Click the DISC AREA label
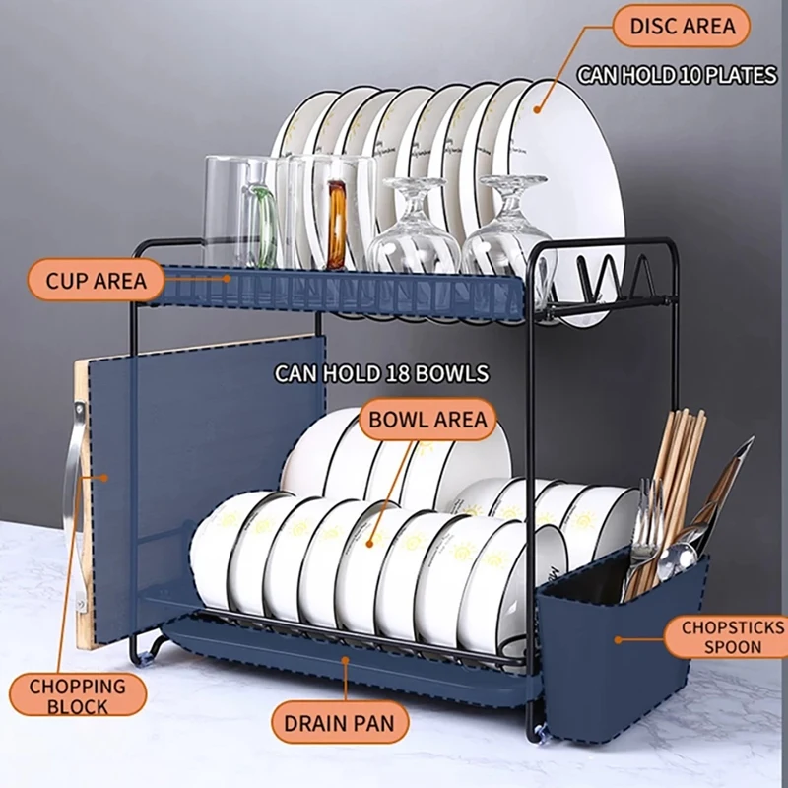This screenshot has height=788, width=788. pos(681,26)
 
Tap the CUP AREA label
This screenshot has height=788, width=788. pos(95,281)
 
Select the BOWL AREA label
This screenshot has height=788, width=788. pos(427,420)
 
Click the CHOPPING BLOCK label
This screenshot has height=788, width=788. pos(77,695)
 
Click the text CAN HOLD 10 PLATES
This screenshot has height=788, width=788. pos(677,76)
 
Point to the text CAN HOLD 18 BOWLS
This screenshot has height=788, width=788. pos(381,373)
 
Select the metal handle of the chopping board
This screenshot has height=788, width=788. pos(69,463)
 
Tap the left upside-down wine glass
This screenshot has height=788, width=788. pos(414,231)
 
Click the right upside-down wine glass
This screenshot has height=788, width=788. pos(505,231)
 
